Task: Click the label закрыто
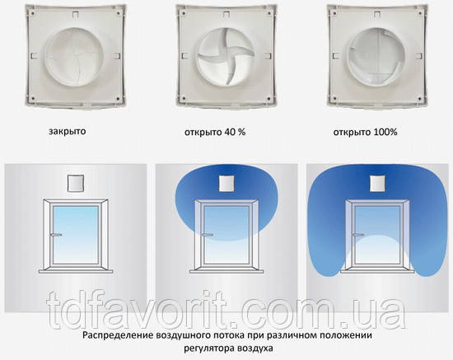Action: (x=67, y=132)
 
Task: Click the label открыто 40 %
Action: (x=215, y=133)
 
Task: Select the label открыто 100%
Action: (x=365, y=133)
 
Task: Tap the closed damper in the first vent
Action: (x=74, y=57)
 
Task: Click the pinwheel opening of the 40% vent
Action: (x=226, y=57)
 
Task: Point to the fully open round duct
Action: (x=376, y=57)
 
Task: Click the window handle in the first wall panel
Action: (x=56, y=235)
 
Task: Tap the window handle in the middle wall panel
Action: (x=207, y=234)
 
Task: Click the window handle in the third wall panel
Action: (x=358, y=234)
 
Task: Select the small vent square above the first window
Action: (x=76, y=183)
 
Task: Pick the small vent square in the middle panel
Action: (x=226, y=183)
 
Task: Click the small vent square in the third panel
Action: (x=377, y=183)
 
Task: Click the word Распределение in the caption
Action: (x=118, y=336)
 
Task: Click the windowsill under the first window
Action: (x=76, y=271)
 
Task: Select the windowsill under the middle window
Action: (x=226, y=271)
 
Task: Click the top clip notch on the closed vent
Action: (x=75, y=14)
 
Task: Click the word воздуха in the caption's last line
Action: (x=255, y=348)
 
